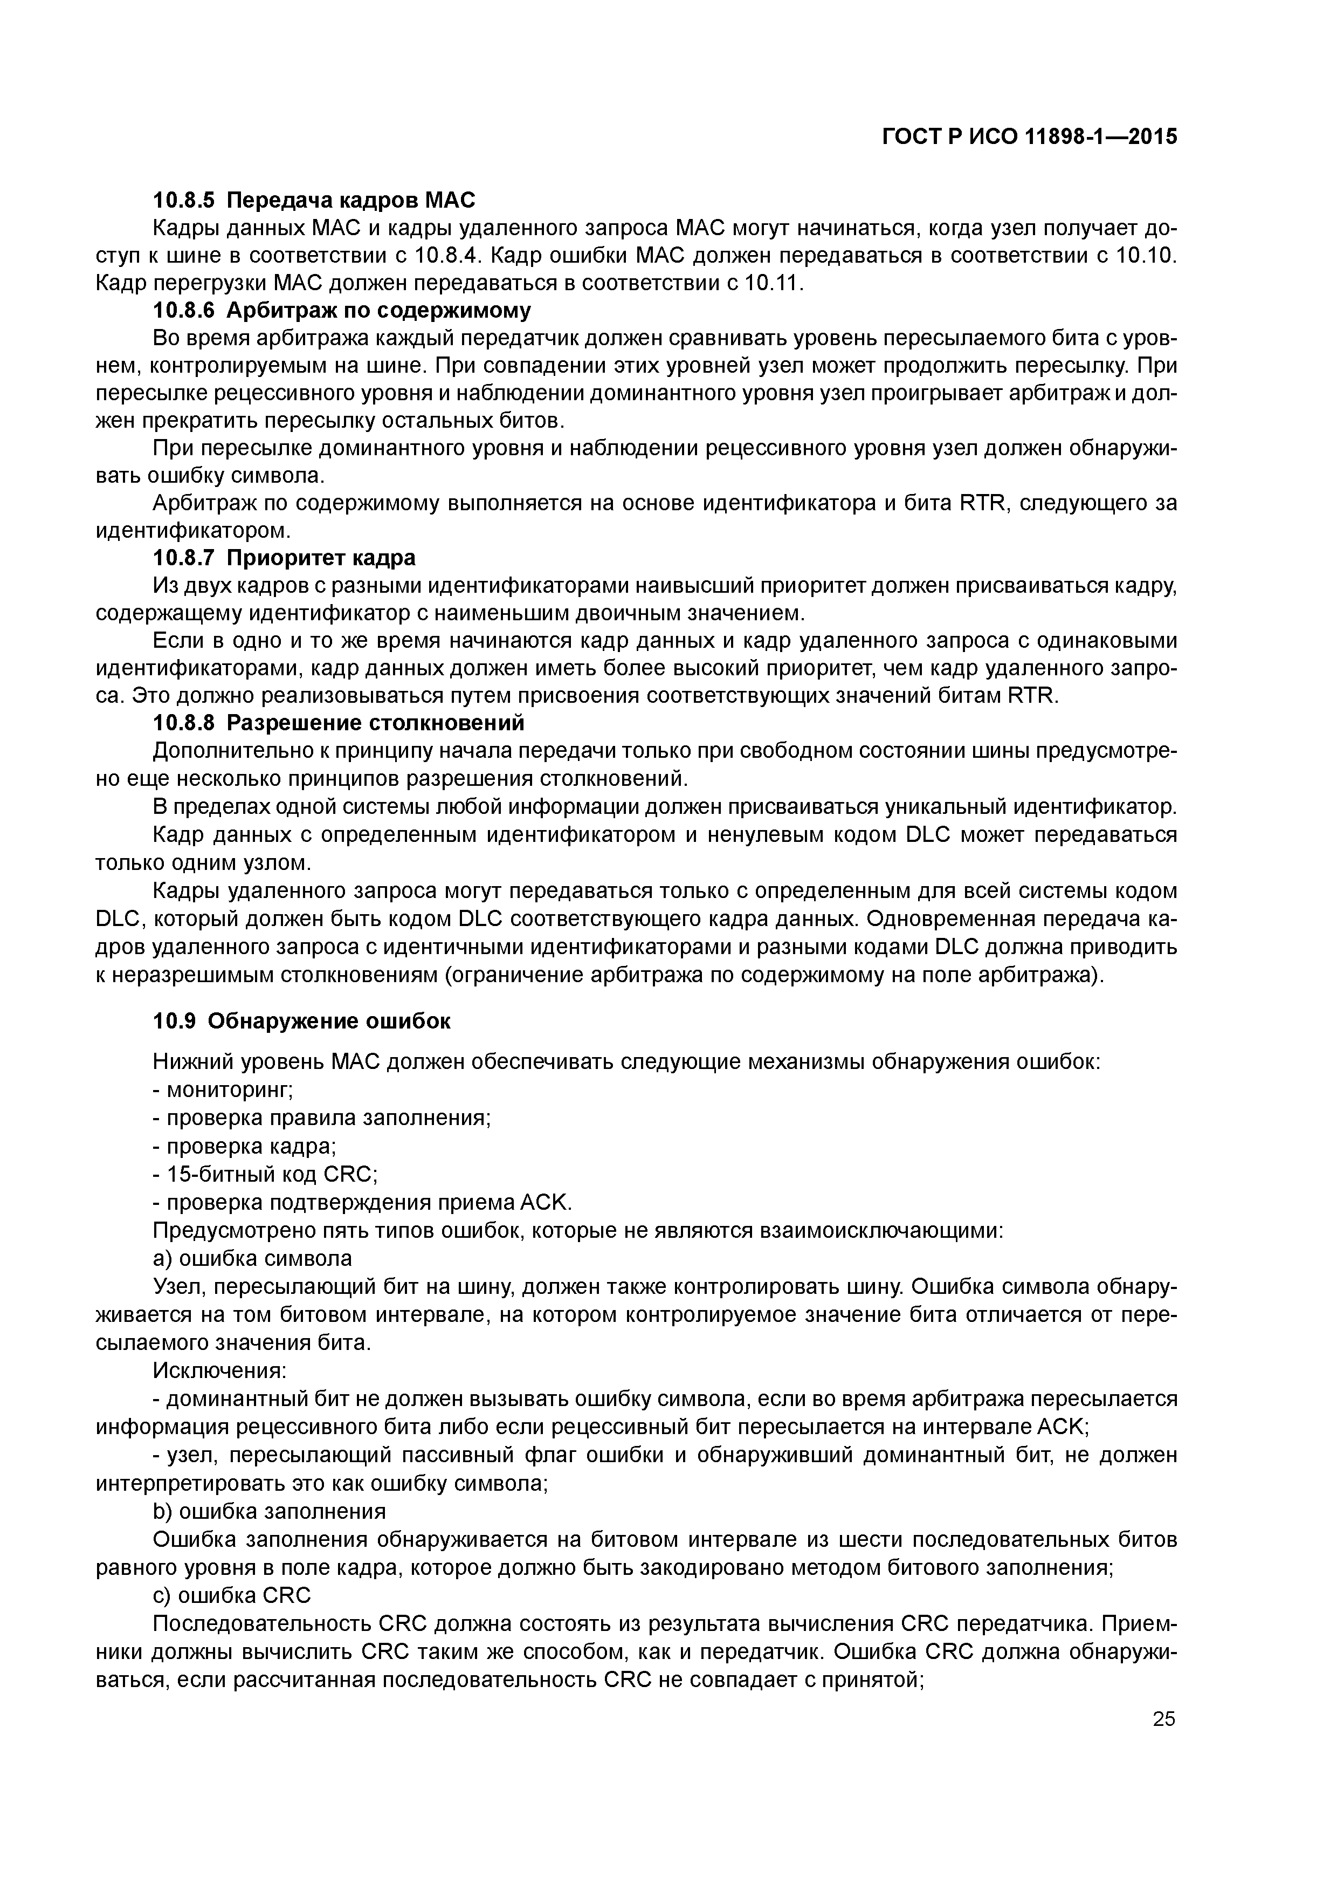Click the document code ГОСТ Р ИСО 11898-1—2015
click(1029, 136)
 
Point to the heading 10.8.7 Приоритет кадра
click(284, 558)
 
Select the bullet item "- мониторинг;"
click(223, 1089)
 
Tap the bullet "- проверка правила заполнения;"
click(321, 1118)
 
